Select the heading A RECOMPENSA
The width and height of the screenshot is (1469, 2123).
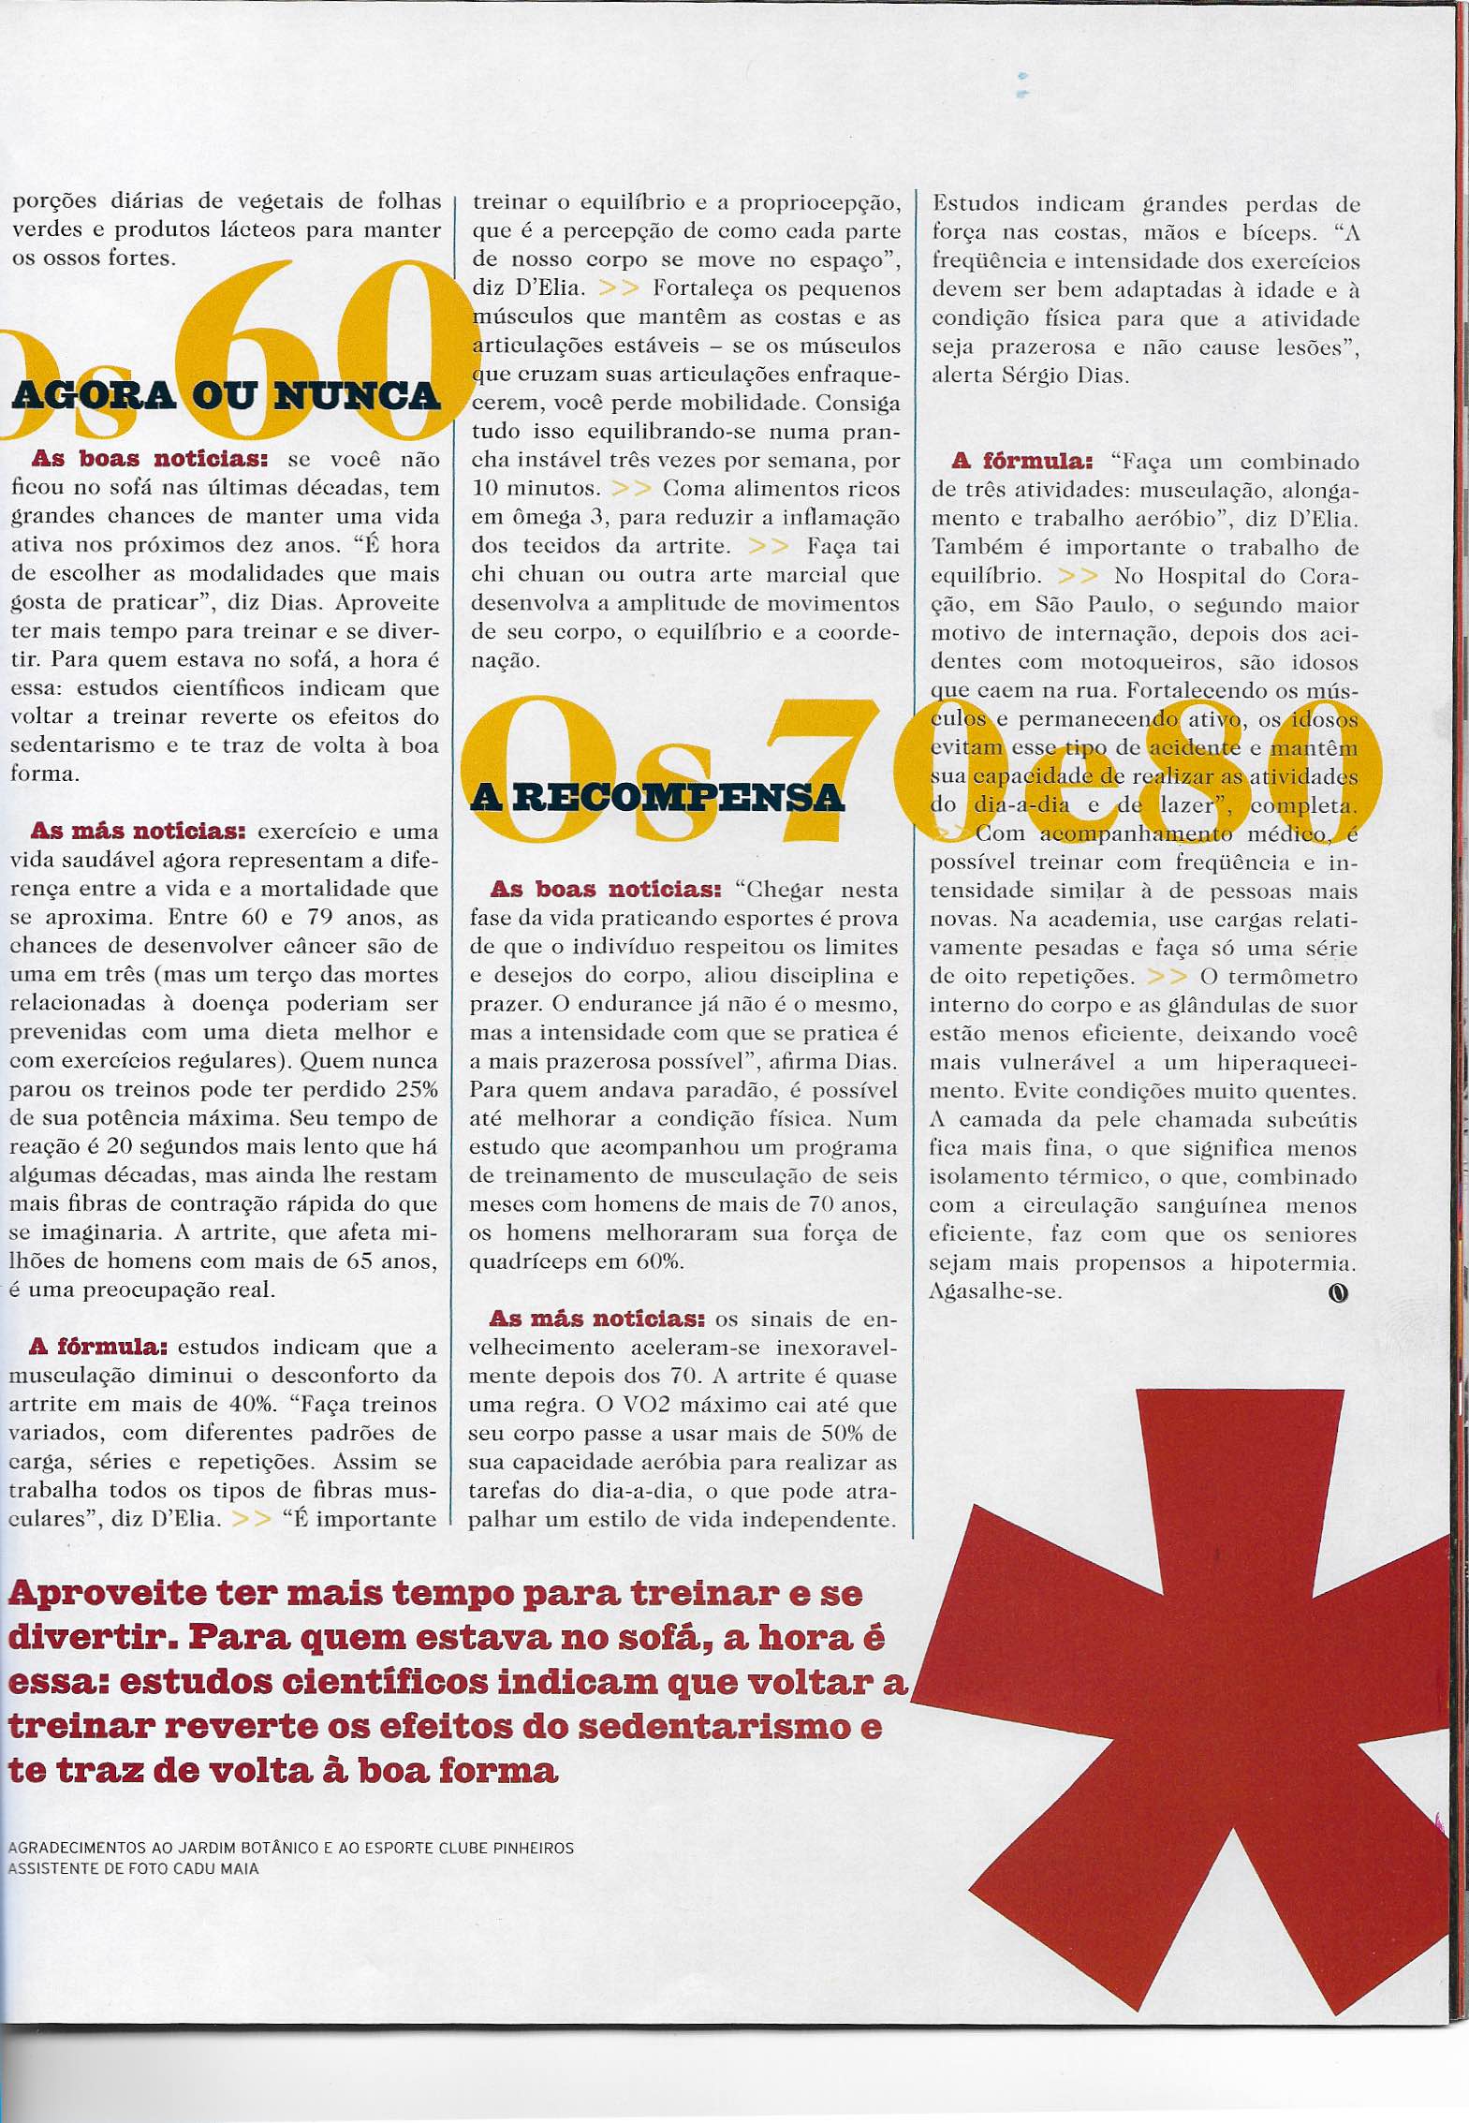(657, 798)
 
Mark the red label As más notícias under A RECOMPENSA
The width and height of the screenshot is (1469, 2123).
(597, 1319)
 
